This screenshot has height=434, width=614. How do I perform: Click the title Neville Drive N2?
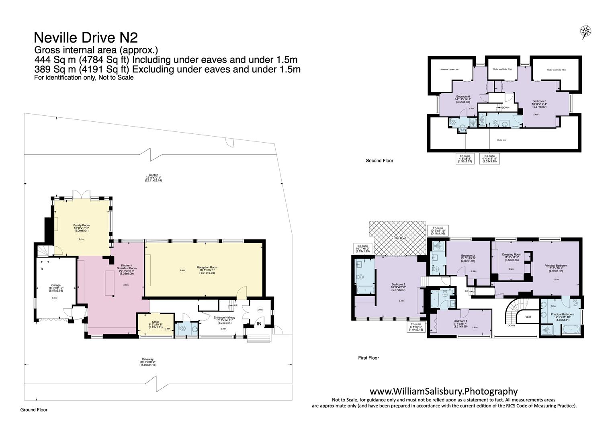(x=86, y=37)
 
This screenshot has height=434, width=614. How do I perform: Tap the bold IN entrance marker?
(x=259, y=323)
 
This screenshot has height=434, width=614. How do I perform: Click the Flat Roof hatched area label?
(x=399, y=238)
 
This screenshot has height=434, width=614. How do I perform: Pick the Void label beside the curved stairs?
(x=528, y=317)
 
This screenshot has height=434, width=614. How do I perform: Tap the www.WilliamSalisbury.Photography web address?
(x=444, y=391)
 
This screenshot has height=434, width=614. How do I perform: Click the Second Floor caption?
(x=379, y=161)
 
